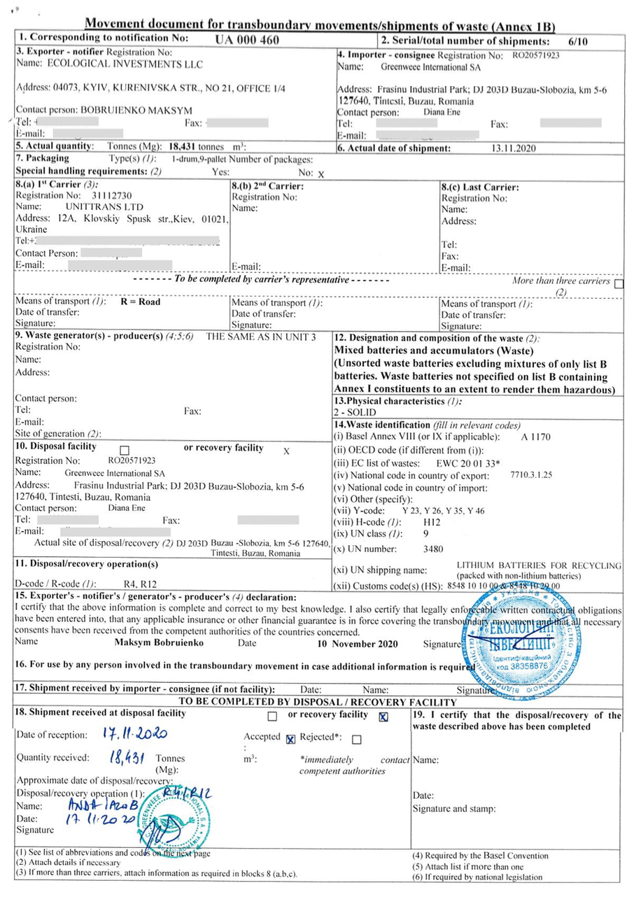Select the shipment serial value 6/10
pyautogui.click(x=578, y=41)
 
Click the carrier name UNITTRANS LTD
pyautogui.click(x=104, y=207)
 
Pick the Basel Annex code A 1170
pyautogui.click(x=536, y=437)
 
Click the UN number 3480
pyautogui.click(x=434, y=549)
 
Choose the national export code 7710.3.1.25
pyautogui.click(x=532, y=474)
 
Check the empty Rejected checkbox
pyautogui.click(x=357, y=739)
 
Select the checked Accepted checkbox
pyautogui.click(x=290, y=739)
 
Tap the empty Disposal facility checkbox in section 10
pyautogui.click(x=125, y=449)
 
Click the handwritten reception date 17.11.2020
pyautogui.click(x=136, y=735)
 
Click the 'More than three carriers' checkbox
pyautogui.click(x=617, y=283)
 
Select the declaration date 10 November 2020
pyautogui.click(x=358, y=643)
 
